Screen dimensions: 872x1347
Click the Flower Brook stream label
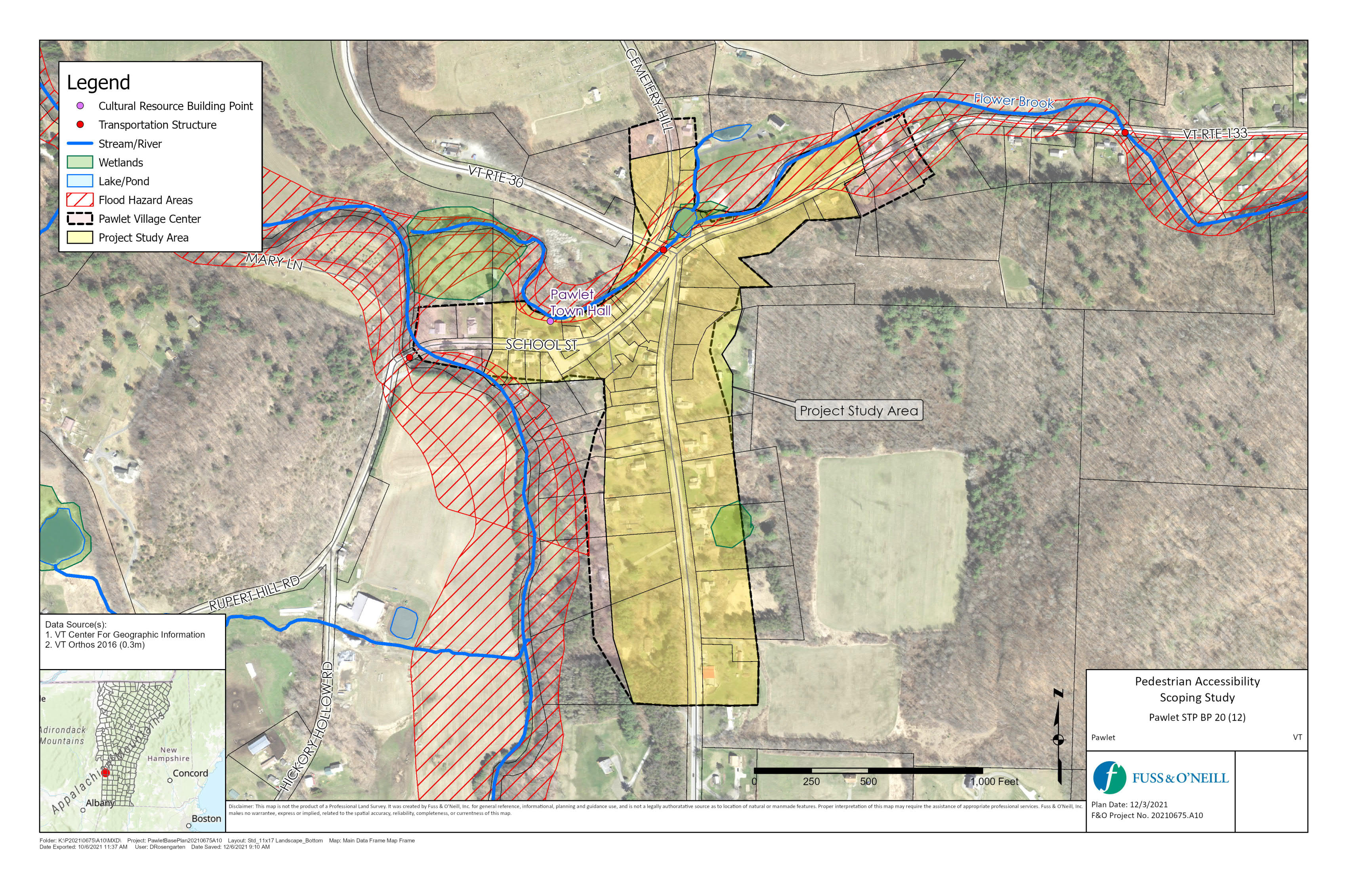point(1013,101)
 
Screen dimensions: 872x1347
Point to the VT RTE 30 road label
point(495,176)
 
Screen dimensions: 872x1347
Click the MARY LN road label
point(275,262)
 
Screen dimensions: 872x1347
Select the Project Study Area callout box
point(858,411)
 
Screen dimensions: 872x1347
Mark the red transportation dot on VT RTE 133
point(1125,132)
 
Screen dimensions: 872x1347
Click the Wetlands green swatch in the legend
point(80,163)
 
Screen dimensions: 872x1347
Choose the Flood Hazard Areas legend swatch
point(80,200)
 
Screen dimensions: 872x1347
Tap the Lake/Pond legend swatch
point(80,181)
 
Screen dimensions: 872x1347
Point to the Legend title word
point(99,83)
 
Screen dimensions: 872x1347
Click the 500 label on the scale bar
point(868,781)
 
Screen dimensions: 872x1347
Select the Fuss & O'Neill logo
point(1160,778)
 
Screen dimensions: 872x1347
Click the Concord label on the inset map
point(190,773)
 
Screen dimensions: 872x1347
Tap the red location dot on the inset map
point(105,773)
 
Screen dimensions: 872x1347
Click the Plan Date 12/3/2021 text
point(1129,804)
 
